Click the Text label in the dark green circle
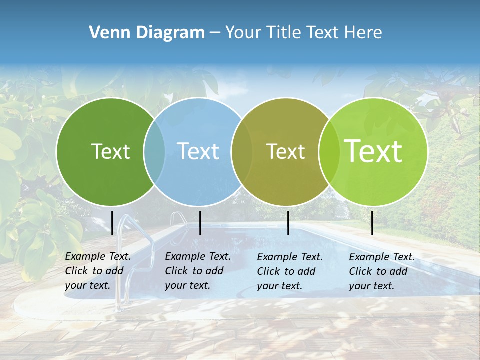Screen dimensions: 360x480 110,151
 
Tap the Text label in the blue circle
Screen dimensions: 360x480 198,151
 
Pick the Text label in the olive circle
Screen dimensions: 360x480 285,151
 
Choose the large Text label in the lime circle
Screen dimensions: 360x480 373,151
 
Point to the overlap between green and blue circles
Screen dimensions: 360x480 154,151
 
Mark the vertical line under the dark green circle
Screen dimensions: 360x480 112,223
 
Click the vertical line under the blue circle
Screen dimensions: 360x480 200,223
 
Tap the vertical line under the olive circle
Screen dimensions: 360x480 288,223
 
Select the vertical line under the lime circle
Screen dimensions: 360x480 372,223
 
